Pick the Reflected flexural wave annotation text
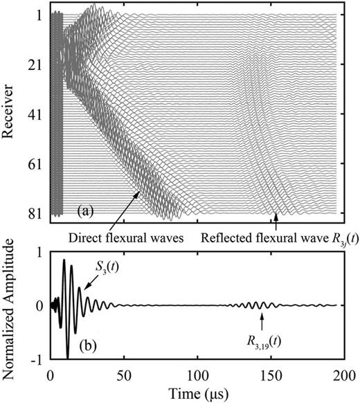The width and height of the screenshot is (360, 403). coord(275,238)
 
